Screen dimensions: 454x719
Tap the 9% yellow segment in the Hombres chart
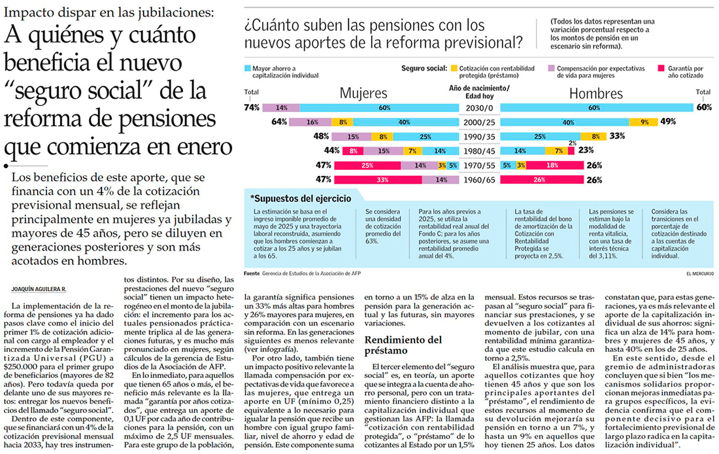click(644, 122)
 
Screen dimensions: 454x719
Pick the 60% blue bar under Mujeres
click(384, 107)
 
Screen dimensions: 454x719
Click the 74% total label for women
click(252, 107)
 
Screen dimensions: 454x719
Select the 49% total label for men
click(668, 122)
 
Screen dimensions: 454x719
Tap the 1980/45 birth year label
click(479, 150)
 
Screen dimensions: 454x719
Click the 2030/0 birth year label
click(479, 107)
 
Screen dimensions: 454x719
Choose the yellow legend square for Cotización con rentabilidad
click(454, 68)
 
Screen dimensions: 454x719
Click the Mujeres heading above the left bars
click(363, 94)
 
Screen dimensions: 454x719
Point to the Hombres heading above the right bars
click(595, 94)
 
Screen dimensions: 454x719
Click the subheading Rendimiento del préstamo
click(403, 345)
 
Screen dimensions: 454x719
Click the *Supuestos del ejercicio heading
click(300, 198)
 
